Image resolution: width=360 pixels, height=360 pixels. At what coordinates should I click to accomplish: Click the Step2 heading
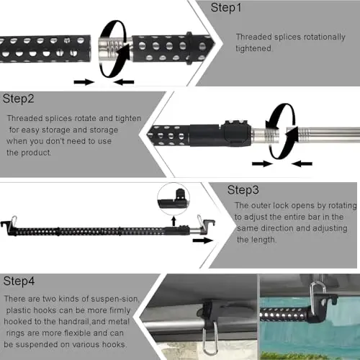pyautogui.click(x=19, y=98)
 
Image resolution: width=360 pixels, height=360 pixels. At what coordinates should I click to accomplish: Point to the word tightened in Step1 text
pyautogui.click(x=257, y=48)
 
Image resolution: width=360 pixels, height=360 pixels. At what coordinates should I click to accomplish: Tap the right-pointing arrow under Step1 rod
pyautogui.click(x=84, y=81)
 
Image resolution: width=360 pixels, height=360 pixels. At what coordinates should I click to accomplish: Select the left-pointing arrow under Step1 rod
pyautogui.click(x=124, y=81)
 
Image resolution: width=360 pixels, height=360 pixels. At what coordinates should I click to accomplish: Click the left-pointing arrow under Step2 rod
pyautogui.click(x=301, y=163)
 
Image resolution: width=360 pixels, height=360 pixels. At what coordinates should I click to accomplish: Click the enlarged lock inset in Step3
pyautogui.click(x=174, y=195)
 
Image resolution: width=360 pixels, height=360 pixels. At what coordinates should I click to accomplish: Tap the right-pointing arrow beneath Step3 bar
pyautogui.click(x=203, y=240)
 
